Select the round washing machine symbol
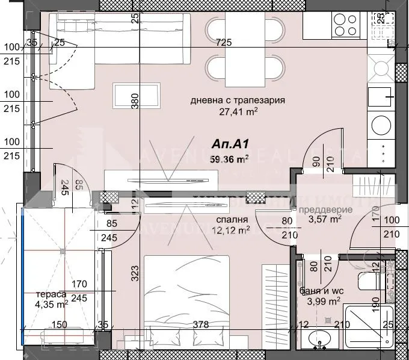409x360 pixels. point(381,125)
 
